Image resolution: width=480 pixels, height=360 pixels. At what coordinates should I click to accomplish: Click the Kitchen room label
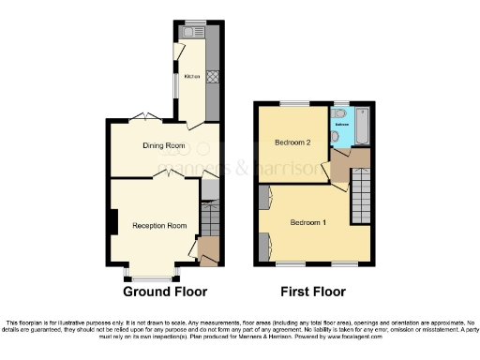coord(191,77)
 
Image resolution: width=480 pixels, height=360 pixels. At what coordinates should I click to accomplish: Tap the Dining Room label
coord(164,145)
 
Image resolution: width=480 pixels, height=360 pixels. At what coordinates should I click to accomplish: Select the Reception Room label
coord(159,226)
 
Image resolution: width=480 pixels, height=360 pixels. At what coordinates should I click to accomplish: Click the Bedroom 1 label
coord(307,222)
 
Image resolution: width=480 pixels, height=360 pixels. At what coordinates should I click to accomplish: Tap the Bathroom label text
coord(343,123)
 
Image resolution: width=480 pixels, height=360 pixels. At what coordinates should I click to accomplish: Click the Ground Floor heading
coord(165,292)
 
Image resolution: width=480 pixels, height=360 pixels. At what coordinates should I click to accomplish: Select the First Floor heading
coord(313,292)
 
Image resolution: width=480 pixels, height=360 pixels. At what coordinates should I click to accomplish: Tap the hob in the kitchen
coord(213,78)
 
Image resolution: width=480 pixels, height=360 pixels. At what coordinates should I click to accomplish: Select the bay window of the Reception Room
coord(151,277)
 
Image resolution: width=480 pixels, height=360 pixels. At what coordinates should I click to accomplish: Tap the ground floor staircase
coord(210,221)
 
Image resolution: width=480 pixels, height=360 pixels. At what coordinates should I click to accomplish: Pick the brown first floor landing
coord(341,170)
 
